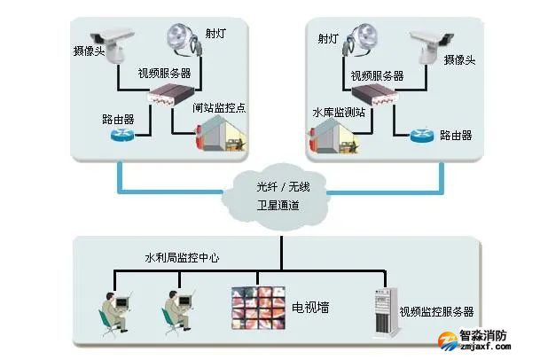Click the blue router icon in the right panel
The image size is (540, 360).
422,136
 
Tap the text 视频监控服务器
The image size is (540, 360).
435,312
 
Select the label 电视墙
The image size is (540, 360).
309,307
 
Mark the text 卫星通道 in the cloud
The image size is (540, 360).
277,206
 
